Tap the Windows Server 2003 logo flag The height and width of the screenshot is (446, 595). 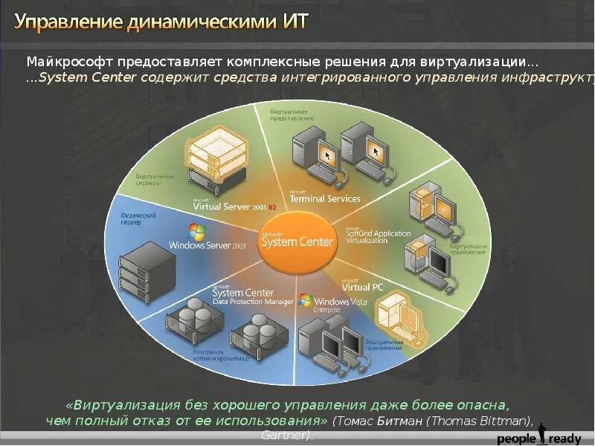click(196, 231)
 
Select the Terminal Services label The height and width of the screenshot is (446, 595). click(324, 198)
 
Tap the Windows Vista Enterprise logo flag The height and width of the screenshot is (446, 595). click(306, 300)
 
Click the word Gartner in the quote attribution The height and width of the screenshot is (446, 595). click(286, 435)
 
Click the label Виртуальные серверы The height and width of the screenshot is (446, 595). click(155, 179)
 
